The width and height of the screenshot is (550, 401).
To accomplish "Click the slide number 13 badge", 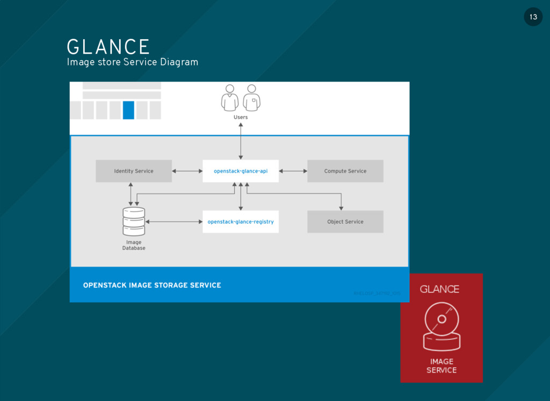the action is coord(533,17).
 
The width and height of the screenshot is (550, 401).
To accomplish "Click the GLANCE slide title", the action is coord(108,47).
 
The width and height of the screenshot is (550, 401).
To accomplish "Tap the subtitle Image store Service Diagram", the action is coord(132,62).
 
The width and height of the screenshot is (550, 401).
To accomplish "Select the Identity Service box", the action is coord(134,171).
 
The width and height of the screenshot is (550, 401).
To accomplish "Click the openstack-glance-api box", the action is coord(240,171).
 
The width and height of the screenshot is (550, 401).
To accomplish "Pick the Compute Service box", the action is coord(345,171).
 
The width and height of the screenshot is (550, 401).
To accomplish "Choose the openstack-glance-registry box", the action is coord(240,222).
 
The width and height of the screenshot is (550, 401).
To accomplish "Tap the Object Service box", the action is coord(345,222).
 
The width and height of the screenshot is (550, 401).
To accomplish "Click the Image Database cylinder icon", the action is coord(134,221).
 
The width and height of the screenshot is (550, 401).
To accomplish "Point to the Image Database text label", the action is coord(134,245).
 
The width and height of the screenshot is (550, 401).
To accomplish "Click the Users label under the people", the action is coord(241,117).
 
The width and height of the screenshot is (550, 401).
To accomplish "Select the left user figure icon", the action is coord(230,98).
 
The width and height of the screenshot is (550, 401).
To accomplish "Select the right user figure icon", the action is coord(251,98).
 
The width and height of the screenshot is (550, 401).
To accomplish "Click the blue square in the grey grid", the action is coord(128,110).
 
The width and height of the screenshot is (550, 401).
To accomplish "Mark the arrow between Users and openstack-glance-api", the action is coord(241,141).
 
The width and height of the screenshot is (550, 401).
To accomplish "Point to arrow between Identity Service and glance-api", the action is coord(187,171).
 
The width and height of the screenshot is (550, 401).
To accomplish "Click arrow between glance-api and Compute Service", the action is coord(293,171).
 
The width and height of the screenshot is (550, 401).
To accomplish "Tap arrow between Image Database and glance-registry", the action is coord(173,222).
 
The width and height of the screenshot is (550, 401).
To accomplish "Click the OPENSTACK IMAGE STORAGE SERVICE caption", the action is coord(152,285).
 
